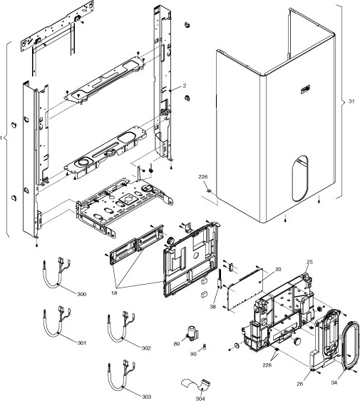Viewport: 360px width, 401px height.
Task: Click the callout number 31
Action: coord(351,101)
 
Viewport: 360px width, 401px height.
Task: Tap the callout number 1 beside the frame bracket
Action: coord(4,138)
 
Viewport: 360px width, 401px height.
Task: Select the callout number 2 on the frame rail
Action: coord(184,86)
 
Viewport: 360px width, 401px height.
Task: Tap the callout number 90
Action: coord(192,353)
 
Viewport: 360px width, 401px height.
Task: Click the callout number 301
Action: coord(82,343)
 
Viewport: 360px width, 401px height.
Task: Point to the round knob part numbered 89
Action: coord(192,333)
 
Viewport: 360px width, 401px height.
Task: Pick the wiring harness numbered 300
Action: coord(57,278)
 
